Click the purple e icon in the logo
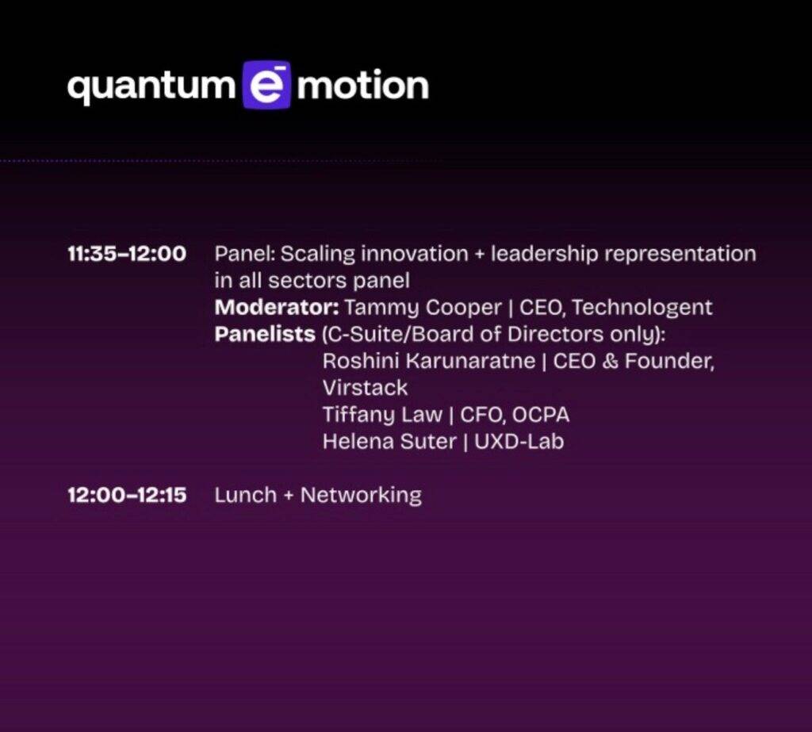tap(266, 85)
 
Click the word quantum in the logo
tap(151, 86)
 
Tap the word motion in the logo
tap(362, 84)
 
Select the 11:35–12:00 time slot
tap(127, 254)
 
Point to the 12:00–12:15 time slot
tap(127, 495)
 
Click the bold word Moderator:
tap(277, 307)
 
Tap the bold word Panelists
tap(265, 334)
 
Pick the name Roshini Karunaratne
tap(429, 361)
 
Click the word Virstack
tap(365, 388)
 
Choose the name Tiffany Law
tap(382, 416)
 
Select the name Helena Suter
tap(389, 442)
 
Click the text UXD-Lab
tap(519, 442)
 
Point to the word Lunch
tap(246, 495)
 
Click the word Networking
tap(361, 496)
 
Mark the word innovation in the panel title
tap(414, 254)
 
